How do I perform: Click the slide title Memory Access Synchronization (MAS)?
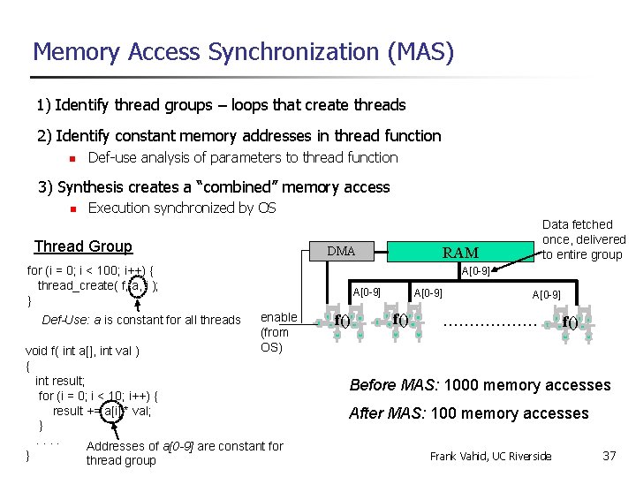click(x=243, y=52)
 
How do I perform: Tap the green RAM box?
click(x=459, y=253)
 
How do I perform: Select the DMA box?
click(x=341, y=252)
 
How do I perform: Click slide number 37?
click(x=609, y=456)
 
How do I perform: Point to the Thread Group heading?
click(x=83, y=246)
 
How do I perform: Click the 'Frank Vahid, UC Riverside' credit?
click(x=490, y=456)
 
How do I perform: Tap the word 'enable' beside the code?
click(x=278, y=317)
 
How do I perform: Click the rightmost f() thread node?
click(x=571, y=322)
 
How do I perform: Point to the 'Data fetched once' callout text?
click(x=583, y=239)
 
